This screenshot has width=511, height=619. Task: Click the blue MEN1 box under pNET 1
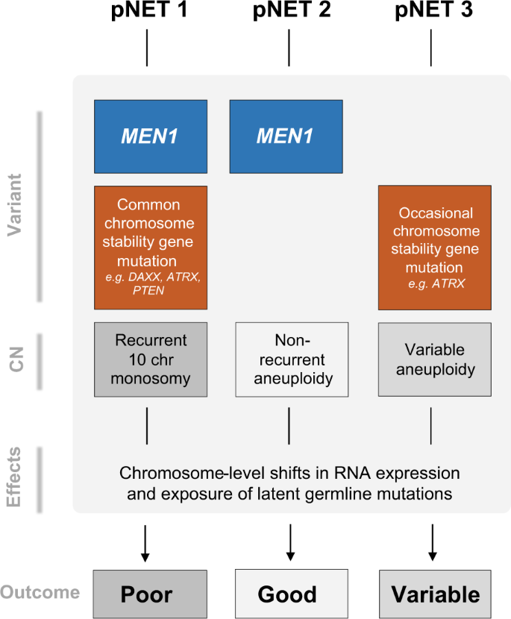pos(151,136)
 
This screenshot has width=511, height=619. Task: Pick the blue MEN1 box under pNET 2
pos(286,136)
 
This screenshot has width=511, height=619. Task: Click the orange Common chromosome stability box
pos(151,248)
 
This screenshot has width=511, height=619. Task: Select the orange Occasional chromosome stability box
pos(435,248)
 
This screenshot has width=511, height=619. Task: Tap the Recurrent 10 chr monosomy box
pos(151,359)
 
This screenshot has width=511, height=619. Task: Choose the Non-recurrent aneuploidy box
pos(292,359)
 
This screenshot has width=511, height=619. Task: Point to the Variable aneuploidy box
pos(435,359)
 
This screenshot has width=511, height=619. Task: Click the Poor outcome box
pos(147,594)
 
